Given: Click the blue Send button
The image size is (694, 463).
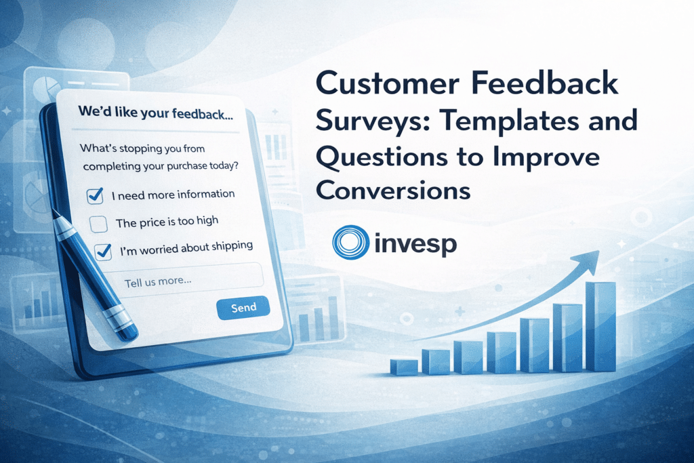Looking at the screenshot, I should (x=243, y=308).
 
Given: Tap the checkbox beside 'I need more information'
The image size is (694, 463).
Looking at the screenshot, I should (x=95, y=197).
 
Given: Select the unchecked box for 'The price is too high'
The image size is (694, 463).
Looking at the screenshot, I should (x=99, y=224).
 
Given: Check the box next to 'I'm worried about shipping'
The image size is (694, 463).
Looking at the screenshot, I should (x=103, y=251).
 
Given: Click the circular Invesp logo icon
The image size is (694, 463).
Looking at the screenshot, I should (x=350, y=242).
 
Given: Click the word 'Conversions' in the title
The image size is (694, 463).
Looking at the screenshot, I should (x=393, y=190).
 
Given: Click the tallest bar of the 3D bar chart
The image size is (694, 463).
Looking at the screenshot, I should (x=600, y=326).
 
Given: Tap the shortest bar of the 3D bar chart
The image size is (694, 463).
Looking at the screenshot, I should (x=404, y=367).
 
